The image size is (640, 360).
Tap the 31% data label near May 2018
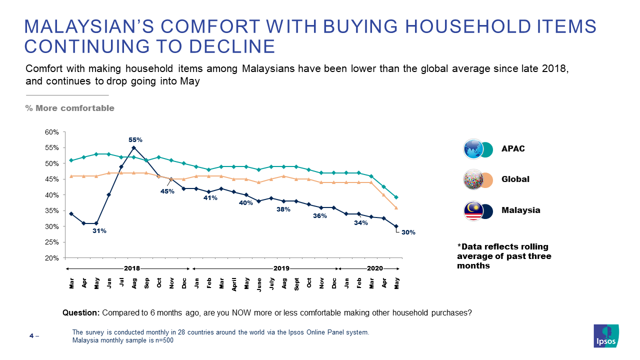[x=99, y=231]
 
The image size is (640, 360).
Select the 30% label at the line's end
[x=408, y=232]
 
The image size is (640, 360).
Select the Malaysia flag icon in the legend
[x=473, y=210]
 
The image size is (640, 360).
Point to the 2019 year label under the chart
[x=281, y=268]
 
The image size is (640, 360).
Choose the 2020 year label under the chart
[x=374, y=268]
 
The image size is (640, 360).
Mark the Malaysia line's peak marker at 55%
[x=134, y=148]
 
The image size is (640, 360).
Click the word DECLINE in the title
[x=231, y=46]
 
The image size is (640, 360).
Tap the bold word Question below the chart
[x=81, y=313]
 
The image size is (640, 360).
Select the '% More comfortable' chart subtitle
[x=70, y=108]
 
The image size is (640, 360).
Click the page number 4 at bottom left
[x=31, y=336]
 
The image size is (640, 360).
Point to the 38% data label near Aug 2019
[x=283, y=209]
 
